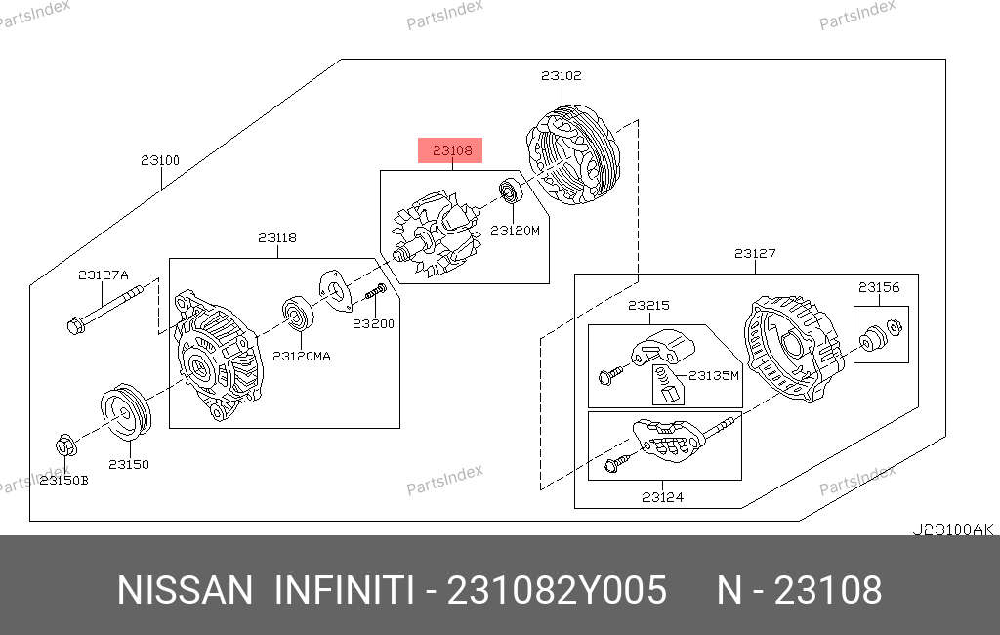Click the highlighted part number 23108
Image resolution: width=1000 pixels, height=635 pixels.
coord(452,150)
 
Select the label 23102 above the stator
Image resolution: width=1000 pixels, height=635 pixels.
coord(562,75)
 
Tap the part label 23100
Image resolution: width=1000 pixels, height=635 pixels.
coord(160,160)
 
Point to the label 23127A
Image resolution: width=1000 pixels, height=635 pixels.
coord(104,275)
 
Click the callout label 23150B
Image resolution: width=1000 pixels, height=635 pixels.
coord(64,481)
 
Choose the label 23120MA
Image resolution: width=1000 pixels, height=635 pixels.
coord(302,357)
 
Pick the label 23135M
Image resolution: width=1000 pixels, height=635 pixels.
coord(714,375)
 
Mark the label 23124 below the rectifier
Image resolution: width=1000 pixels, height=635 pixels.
coord(663,497)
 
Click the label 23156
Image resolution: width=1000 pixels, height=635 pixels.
coord(879,287)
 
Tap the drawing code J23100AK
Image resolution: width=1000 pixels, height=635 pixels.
coord(953,529)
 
